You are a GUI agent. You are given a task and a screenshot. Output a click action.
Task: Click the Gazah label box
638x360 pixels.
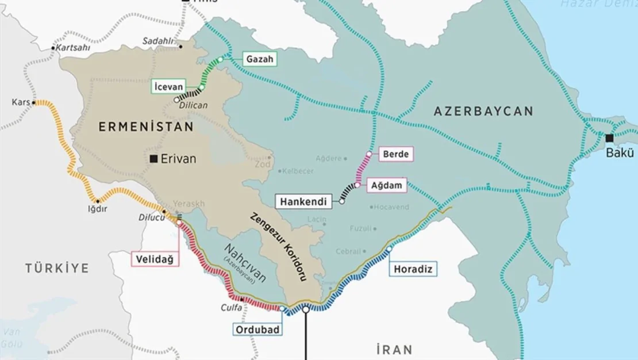coord(259,59)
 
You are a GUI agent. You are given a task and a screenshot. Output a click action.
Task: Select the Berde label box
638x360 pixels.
coord(396,154)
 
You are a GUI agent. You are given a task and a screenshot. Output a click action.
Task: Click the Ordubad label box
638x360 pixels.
coord(257,329)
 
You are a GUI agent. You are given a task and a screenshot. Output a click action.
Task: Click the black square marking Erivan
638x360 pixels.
coord(153,159)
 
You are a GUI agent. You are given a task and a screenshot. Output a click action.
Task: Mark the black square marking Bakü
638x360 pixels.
coord(609,138)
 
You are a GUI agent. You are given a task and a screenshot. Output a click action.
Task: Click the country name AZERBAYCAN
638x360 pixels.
coord(483,111)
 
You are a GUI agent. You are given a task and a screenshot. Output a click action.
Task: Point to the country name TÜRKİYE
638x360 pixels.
coord(57,268)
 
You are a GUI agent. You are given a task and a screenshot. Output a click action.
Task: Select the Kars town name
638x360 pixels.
coord(20,102)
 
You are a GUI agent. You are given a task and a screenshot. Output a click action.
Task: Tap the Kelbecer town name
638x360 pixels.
coord(301,171)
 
